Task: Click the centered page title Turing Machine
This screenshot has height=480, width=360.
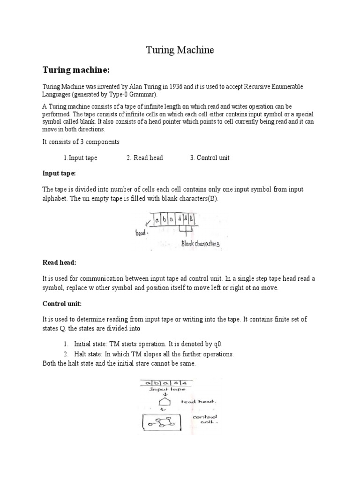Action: point(180,50)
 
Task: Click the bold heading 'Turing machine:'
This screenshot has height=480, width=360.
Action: point(76,70)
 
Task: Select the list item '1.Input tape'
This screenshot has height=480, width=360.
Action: point(80,158)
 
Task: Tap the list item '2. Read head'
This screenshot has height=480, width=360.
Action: point(144,158)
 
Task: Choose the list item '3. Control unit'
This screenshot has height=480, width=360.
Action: point(210,158)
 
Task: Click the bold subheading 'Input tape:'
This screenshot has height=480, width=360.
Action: point(59,173)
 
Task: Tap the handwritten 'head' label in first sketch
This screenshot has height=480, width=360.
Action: point(141,233)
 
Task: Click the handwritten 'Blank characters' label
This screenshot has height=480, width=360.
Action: point(201,244)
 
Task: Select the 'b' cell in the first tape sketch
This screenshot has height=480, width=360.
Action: point(164,219)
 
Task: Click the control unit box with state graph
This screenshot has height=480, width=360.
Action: point(162,423)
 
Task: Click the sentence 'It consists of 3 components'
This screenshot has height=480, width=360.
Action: point(81,142)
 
